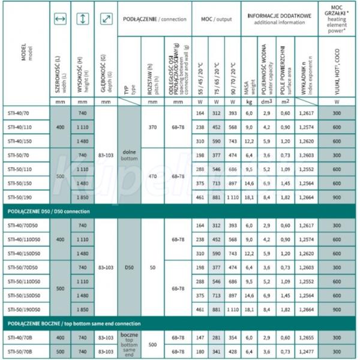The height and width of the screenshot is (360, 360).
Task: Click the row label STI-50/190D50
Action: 24,310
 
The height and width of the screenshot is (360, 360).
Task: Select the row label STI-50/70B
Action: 22,350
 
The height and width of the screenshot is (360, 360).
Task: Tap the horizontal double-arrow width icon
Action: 59,19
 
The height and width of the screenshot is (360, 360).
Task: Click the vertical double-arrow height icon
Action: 82,19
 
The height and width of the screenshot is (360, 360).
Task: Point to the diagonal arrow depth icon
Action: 106,19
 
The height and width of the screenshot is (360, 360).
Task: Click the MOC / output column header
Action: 215,19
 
